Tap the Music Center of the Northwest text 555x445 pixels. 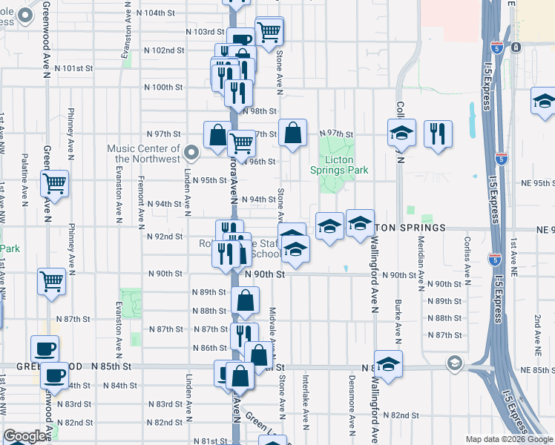[x=144, y=154]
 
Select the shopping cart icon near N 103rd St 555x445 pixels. [x=269, y=31]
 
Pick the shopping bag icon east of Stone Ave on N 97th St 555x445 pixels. [x=293, y=133]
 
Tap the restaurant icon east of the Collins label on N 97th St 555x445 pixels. [x=438, y=133]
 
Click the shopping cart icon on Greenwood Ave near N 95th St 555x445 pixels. [x=54, y=182]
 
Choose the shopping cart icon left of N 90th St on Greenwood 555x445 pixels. [x=51, y=280]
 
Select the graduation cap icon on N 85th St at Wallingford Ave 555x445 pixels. [x=388, y=363]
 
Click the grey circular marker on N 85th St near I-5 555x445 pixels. [x=454, y=364]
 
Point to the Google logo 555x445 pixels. [x=25, y=437]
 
